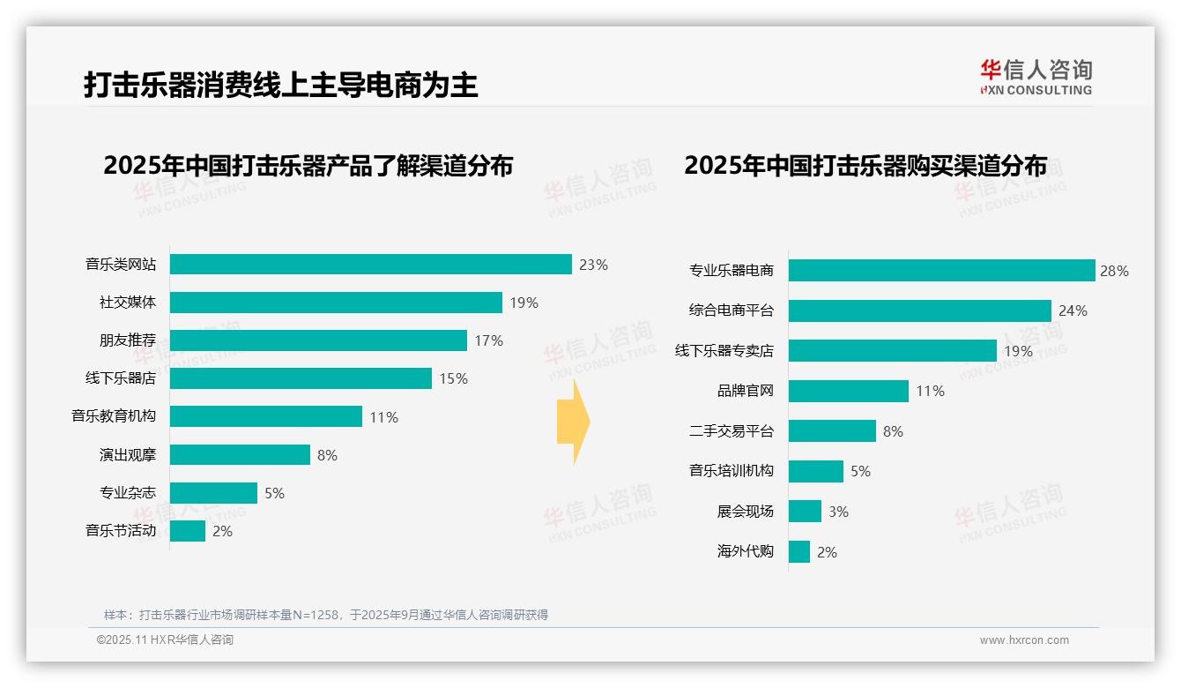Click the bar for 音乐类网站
[370, 265]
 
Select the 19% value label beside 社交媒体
[524, 303]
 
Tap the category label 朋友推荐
[127, 340]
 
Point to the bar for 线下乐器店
[301, 378]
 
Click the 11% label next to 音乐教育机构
[383, 417]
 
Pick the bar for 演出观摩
[240, 454]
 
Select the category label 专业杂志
[127, 493]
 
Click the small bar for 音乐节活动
[187, 531]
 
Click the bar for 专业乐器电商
[941, 271]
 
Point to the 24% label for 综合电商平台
[1073, 310]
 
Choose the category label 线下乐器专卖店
[724, 351]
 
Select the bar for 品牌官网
[848, 391]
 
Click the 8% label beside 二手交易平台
[893, 431]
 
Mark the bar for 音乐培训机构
[815, 471]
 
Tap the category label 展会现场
[745, 512]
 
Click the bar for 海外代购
[798, 552]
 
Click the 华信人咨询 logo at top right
[1036, 77]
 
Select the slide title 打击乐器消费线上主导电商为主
[280, 86]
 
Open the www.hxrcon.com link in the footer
[1023, 640]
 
